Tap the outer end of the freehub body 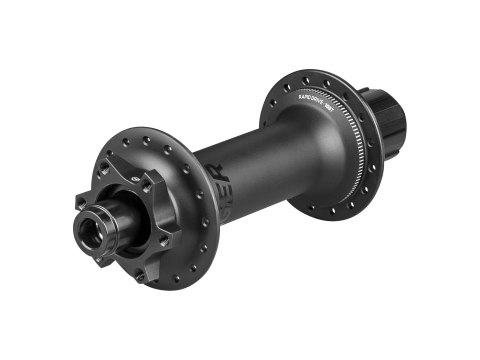click(397, 119)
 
